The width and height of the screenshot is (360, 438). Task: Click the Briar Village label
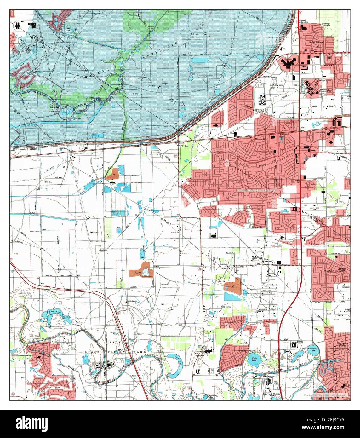point(316,42)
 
